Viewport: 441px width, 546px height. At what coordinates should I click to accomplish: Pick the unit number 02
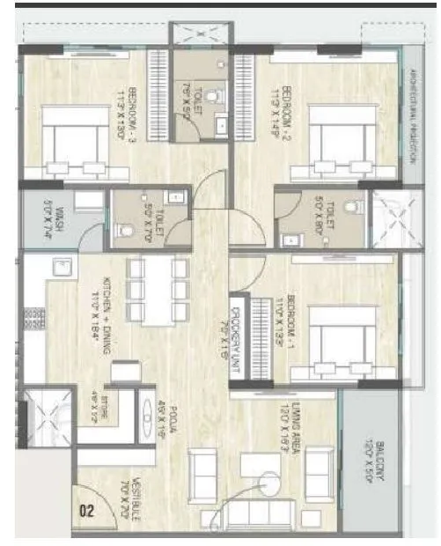click(x=88, y=509)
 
